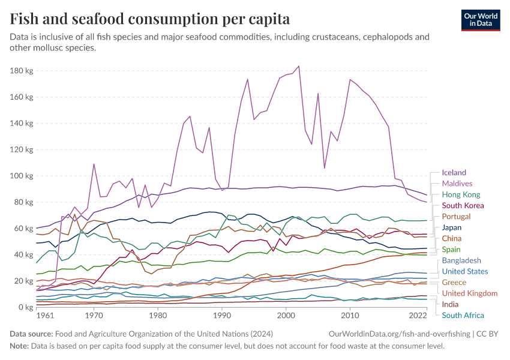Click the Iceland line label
pos(454,173)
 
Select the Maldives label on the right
pos(457,184)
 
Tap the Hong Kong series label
pos(461,194)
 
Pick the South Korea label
pos(463,206)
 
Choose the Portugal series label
pos(457,217)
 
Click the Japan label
pos(452,227)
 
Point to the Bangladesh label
pos(461,260)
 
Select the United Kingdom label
pos(470,293)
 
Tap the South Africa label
pos(463,315)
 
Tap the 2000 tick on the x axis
pos(286,316)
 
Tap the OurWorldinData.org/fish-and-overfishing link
pos(401,333)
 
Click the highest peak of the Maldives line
pos(299,66)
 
